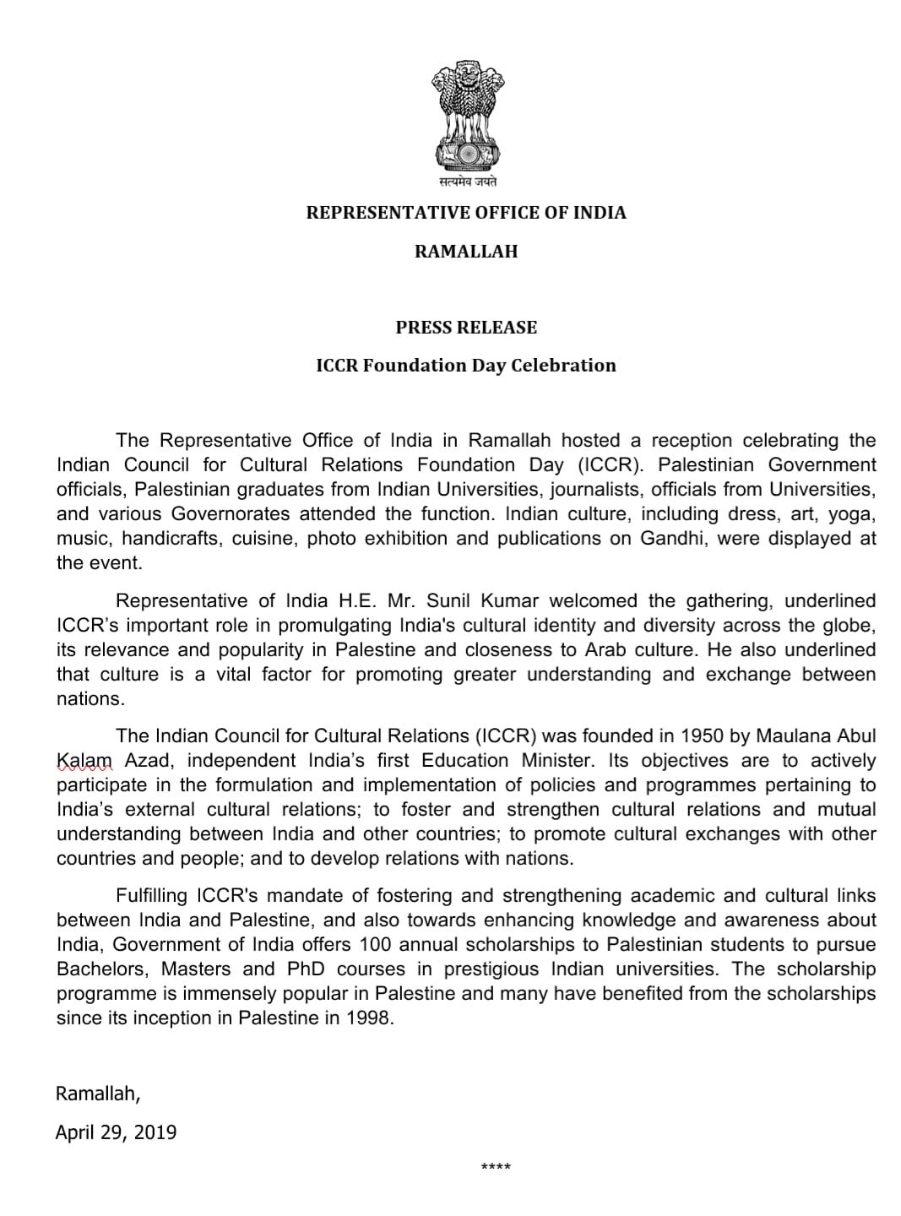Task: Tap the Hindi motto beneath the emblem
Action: tap(467, 182)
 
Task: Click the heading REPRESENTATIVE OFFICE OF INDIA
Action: tap(466, 213)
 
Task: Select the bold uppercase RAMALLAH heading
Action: tap(466, 252)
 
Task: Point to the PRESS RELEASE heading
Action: tap(466, 328)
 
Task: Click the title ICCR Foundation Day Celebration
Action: tap(466, 366)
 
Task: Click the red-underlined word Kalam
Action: tap(84, 761)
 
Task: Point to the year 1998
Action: tap(369, 1018)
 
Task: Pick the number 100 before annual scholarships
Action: tap(374, 944)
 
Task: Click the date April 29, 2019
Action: tap(116, 1132)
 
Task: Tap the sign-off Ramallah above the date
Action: tap(97, 1094)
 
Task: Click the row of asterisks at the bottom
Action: tap(495, 1168)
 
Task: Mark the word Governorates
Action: tap(231, 514)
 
